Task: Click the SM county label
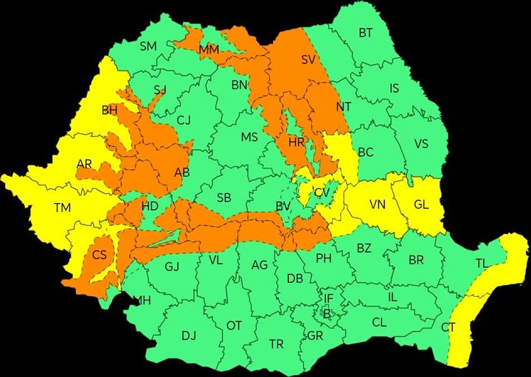click(148, 46)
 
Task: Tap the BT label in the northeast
click(366, 32)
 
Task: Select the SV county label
click(308, 59)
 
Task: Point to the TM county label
click(62, 208)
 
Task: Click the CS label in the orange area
click(100, 256)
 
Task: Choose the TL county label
click(482, 263)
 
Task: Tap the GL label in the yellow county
click(421, 204)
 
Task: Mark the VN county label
click(378, 204)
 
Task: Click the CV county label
click(322, 193)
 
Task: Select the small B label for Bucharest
click(325, 313)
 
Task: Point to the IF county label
click(328, 298)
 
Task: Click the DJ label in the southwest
click(189, 336)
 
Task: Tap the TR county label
click(276, 344)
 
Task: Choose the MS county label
click(249, 137)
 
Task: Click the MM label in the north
click(209, 49)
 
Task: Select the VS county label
click(421, 144)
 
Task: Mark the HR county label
click(296, 141)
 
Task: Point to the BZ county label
click(364, 248)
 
